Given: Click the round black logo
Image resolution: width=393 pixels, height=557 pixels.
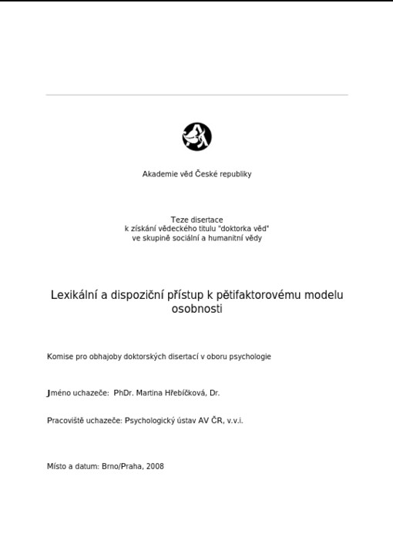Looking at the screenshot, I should (196, 137).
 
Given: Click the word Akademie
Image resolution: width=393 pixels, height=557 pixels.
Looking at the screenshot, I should (159, 174).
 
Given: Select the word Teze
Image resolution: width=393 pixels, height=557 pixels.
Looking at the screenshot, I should (179, 220).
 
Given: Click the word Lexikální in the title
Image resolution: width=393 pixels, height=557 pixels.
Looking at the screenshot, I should (75, 295).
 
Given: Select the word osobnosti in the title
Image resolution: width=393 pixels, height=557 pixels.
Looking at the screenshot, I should (196, 309).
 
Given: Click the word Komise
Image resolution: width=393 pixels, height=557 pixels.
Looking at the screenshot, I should (59, 357).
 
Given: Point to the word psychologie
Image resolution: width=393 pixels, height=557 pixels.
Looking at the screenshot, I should (250, 357).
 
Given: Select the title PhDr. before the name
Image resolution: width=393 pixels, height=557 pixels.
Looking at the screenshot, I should (123, 393).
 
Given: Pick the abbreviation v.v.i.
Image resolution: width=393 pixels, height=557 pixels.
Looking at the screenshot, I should (234, 421).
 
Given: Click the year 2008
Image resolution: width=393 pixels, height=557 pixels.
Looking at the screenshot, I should (154, 466).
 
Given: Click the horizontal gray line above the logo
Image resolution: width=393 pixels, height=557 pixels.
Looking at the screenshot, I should (196, 95).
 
